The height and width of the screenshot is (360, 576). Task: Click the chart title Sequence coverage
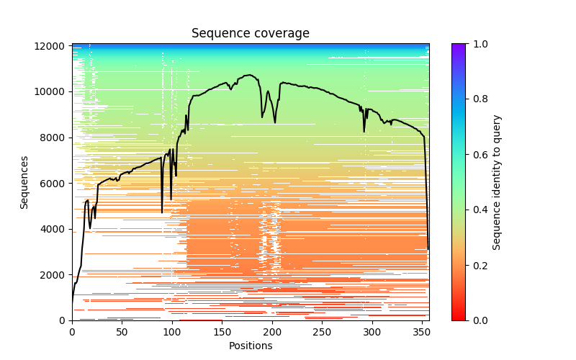pyautogui.click(x=251, y=33)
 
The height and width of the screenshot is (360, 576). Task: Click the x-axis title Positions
pyautogui.click(x=251, y=346)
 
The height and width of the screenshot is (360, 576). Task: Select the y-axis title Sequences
pyautogui.click(x=24, y=182)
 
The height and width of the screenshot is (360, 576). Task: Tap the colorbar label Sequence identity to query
pyautogui.click(x=497, y=182)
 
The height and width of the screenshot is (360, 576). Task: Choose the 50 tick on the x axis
pyautogui.click(x=122, y=331)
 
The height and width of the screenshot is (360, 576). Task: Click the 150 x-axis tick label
pyautogui.click(x=222, y=331)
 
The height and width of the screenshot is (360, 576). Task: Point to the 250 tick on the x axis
pyautogui.click(x=322, y=331)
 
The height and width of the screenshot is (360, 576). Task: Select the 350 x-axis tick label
pyautogui.click(x=422, y=331)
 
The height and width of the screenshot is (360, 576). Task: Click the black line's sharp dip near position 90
pyautogui.click(x=162, y=212)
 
